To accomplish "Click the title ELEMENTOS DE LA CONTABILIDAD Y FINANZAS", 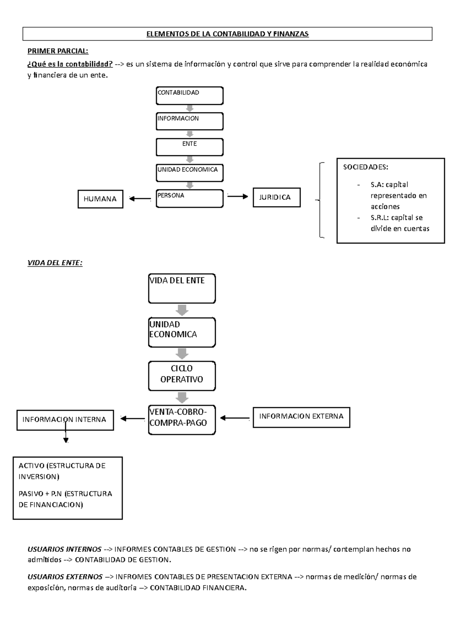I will (227, 34).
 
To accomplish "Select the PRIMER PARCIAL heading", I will (58, 51).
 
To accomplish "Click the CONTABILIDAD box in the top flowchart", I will (189, 95).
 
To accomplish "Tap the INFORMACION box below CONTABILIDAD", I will (189, 121).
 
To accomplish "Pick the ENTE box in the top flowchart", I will (189, 147).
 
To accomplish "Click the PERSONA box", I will (189, 198).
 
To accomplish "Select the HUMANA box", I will (100, 199).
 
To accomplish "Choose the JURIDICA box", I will (276, 197).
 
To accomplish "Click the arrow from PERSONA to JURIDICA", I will (238, 196).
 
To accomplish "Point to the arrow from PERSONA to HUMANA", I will (140, 198).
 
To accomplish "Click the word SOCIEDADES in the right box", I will (365, 167).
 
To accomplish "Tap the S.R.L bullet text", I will (400, 223).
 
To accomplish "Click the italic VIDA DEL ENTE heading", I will (55, 263).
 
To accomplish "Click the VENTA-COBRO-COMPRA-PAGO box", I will (182, 420).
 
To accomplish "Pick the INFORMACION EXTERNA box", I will (301, 417).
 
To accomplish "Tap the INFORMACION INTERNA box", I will (65, 420).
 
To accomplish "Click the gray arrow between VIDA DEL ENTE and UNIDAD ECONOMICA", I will (182, 310).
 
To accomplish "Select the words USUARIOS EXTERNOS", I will (65, 577).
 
